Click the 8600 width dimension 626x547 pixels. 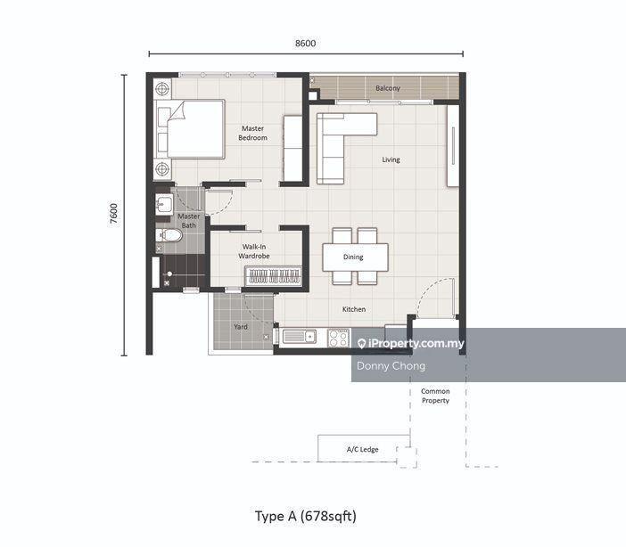(x=305, y=43)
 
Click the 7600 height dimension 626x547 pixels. (x=114, y=215)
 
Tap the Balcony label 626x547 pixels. (x=388, y=88)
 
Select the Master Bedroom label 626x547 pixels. (x=252, y=133)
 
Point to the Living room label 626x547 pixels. (x=391, y=159)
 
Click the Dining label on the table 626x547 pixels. (x=353, y=257)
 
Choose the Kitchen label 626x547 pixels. (x=354, y=309)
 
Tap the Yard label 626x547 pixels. (x=241, y=327)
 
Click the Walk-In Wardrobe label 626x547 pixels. (x=254, y=251)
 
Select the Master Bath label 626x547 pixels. (x=189, y=221)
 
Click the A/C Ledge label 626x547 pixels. (x=363, y=450)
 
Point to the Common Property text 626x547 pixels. (x=435, y=396)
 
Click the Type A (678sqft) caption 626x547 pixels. (x=306, y=516)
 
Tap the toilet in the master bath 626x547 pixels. (x=169, y=235)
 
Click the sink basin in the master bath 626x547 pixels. (x=164, y=204)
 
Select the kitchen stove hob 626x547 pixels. (x=339, y=338)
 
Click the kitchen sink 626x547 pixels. (x=300, y=337)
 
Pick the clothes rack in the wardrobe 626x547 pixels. (x=274, y=276)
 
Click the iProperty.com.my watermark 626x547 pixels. (x=411, y=344)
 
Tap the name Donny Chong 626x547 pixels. (x=391, y=366)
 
